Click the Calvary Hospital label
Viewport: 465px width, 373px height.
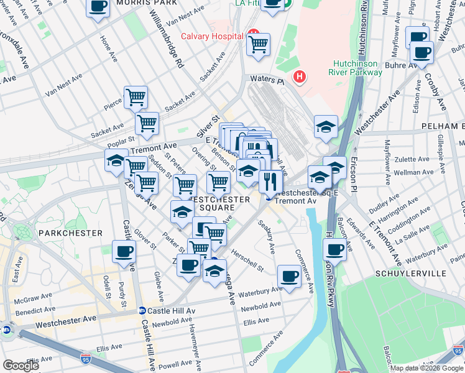[211, 36]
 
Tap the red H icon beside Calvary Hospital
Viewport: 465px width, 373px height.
[253, 33]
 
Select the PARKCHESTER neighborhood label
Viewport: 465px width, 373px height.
[70, 233]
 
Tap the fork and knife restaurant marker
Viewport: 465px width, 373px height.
[270, 181]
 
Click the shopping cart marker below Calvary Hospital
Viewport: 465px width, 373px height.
[258, 44]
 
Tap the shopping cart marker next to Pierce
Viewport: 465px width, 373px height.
[136, 96]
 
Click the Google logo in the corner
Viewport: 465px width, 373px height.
[21, 366]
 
